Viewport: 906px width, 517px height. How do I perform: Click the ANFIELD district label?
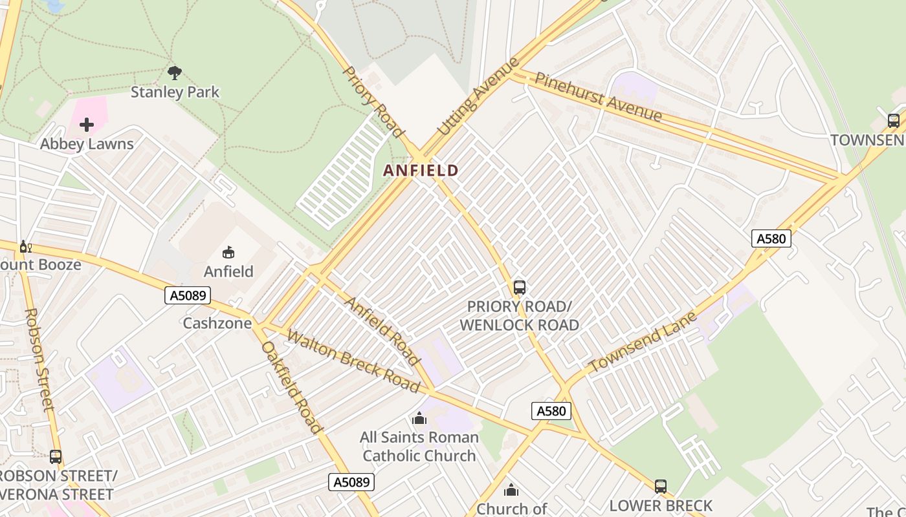(x=421, y=171)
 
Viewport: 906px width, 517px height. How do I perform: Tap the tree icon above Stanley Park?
(x=175, y=72)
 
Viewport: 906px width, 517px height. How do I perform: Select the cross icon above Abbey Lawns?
(x=87, y=124)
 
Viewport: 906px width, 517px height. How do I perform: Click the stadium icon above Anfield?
(x=228, y=253)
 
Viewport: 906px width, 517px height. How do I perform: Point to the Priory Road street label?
(x=372, y=101)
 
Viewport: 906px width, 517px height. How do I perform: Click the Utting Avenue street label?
(x=479, y=97)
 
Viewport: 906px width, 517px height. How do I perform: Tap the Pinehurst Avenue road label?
(x=598, y=97)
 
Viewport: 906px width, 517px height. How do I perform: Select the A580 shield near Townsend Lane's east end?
(x=771, y=238)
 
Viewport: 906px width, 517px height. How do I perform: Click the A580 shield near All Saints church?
(x=551, y=410)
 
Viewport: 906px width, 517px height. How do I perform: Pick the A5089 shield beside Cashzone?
(x=188, y=296)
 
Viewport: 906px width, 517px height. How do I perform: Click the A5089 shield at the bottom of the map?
(x=351, y=481)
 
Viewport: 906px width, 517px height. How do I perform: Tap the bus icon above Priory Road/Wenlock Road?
(x=519, y=288)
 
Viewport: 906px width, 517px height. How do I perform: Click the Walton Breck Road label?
(x=353, y=361)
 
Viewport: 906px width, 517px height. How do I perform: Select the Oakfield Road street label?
(x=291, y=387)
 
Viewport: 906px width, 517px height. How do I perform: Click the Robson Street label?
(x=39, y=359)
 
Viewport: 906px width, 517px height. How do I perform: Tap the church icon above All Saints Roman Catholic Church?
(x=419, y=419)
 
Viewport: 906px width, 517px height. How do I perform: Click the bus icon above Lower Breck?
(x=660, y=486)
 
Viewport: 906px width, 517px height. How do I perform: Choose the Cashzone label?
(x=217, y=323)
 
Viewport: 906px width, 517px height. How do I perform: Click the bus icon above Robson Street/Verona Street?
(x=56, y=457)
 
